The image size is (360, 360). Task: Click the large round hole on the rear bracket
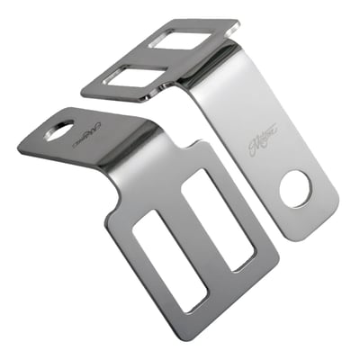pos(294,187)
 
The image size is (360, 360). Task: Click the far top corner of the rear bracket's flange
pos(236,20)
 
